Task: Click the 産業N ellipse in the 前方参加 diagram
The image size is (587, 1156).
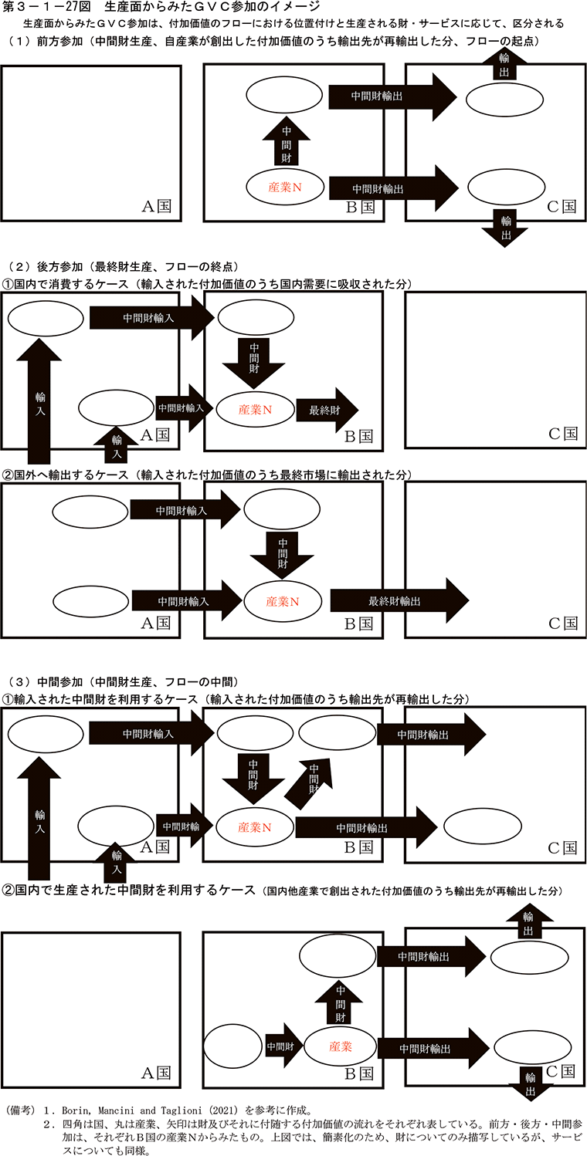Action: pos(284,187)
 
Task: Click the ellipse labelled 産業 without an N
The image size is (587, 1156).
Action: pos(341,1046)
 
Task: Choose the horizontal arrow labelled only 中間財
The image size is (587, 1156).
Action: pos(281,1046)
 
